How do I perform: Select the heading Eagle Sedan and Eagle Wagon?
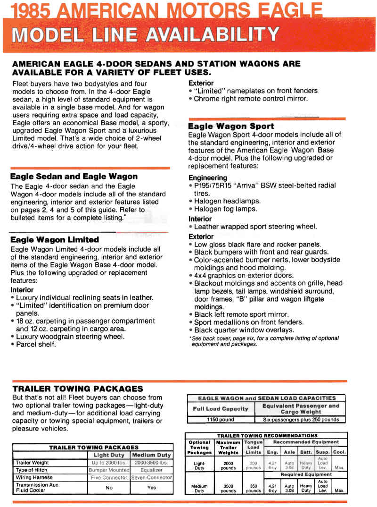pyautogui.click(x=74, y=177)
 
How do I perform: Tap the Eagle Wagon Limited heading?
pyautogui.click(x=54, y=240)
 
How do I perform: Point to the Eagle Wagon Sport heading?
pyautogui.click(x=230, y=127)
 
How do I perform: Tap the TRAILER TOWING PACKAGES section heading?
pyautogui.click(x=77, y=389)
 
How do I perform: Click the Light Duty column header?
pyautogui.click(x=109, y=455)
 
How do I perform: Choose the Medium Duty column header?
pyautogui.click(x=151, y=455)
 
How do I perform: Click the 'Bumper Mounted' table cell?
pyautogui.click(x=109, y=470)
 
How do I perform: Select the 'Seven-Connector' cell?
pyautogui.click(x=151, y=478)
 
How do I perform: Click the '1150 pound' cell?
pyautogui.click(x=221, y=419)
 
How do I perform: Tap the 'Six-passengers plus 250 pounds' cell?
pyautogui.click(x=300, y=419)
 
